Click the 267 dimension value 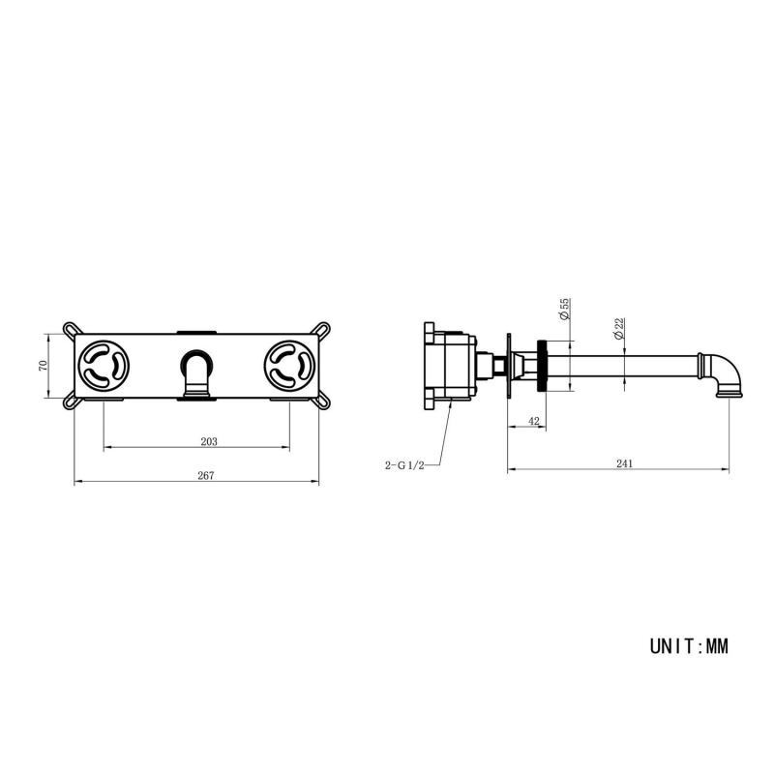[206, 475]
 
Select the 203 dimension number [209, 441]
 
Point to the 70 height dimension [43, 366]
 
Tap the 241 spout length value [624, 463]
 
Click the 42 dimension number [534, 421]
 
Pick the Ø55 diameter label [565, 309]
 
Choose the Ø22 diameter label [619, 328]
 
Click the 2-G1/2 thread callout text [404, 465]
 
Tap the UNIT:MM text [689, 646]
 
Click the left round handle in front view [104, 366]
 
